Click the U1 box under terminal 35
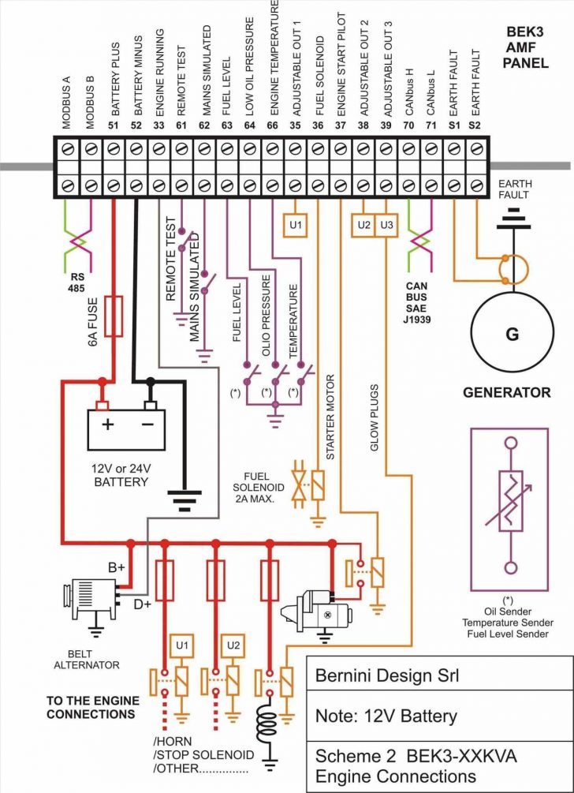click(295, 225)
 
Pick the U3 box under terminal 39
click(386, 225)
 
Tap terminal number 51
click(114, 124)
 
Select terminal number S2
click(475, 124)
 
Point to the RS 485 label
click(76, 282)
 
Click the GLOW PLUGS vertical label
click(375, 417)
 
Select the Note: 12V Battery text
click(386, 716)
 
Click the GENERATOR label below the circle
click(506, 392)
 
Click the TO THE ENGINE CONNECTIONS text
click(92, 708)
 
